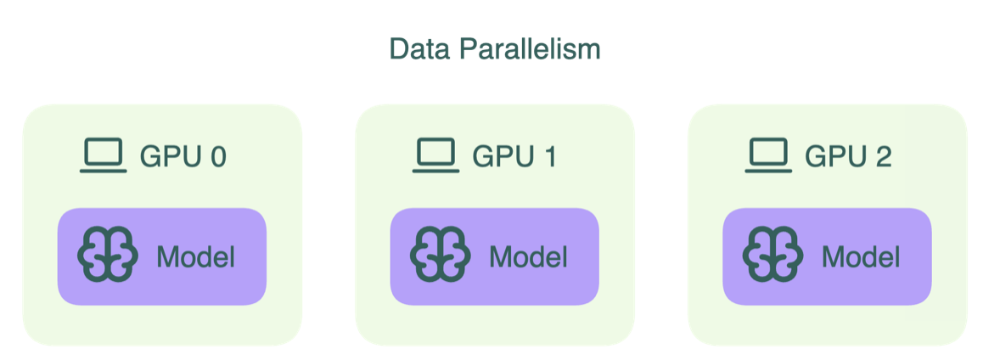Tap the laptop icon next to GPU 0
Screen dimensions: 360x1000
(103, 156)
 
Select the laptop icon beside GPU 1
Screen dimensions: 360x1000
(435, 156)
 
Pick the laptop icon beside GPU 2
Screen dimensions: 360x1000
(768, 156)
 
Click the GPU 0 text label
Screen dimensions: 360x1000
(183, 157)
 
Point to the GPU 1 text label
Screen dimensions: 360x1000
(514, 157)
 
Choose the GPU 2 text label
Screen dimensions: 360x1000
(848, 157)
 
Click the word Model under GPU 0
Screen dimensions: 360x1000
(195, 256)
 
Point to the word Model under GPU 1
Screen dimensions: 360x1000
(528, 256)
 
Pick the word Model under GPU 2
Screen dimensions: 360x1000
(861, 256)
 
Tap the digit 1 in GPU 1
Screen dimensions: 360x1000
(548, 157)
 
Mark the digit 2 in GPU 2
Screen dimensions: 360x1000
(882, 157)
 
